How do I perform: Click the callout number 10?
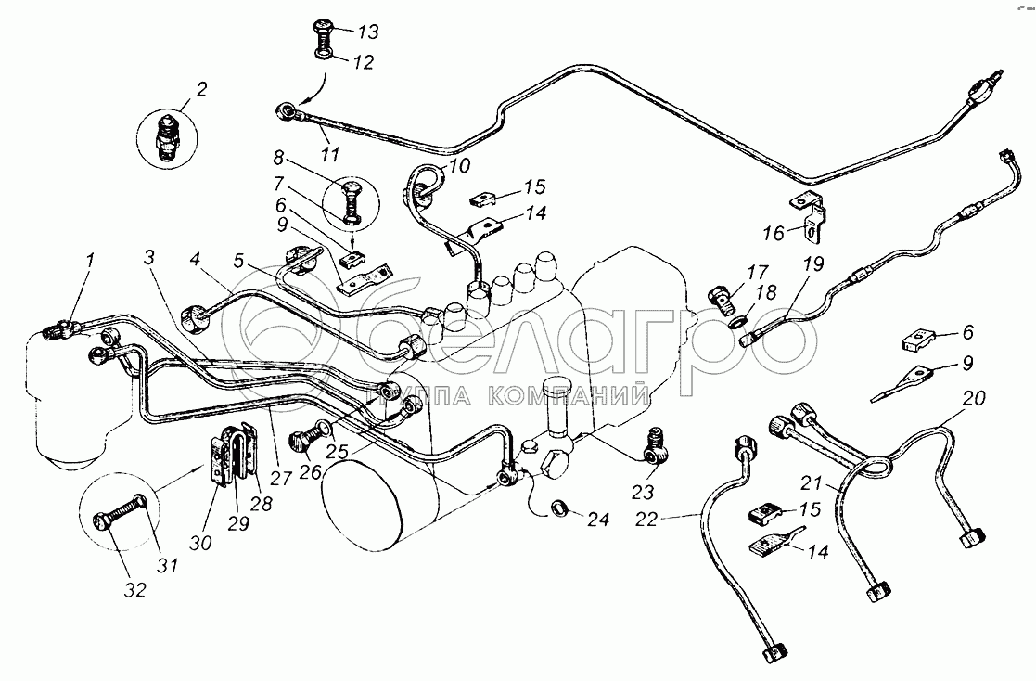point(460,165)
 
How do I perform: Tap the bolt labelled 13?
point(317,39)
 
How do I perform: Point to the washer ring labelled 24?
point(559,508)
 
